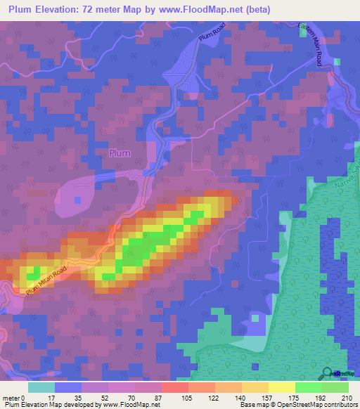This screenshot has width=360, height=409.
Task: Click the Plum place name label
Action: (x=120, y=153)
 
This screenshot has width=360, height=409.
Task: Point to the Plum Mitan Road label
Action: (x=48, y=280)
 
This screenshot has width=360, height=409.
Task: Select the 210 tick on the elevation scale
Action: (x=348, y=398)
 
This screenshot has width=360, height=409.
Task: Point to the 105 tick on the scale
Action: (x=186, y=398)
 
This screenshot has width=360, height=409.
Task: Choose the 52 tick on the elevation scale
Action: (x=105, y=398)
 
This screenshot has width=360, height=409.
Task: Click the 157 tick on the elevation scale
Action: (x=268, y=398)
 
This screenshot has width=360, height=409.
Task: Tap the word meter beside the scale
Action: (x=11, y=398)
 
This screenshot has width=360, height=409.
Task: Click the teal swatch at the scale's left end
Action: (x=41, y=387)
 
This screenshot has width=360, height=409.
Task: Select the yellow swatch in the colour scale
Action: (x=282, y=387)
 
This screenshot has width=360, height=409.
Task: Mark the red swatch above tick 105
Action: (x=174, y=387)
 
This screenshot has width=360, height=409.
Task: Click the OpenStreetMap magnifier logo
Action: (x=328, y=373)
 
